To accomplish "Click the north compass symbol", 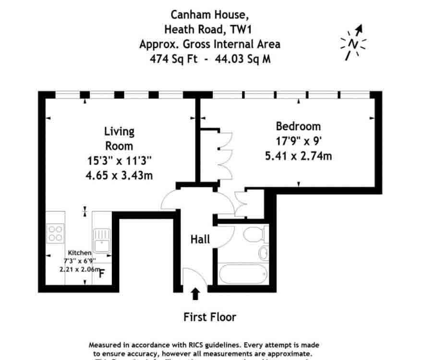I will (x=353, y=43).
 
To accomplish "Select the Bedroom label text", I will (x=298, y=127).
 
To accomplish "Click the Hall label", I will (x=200, y=239).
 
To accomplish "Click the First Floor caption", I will (x=210, y=317).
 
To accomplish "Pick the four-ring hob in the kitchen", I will (x=55, y=233).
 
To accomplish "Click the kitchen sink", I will (x=102, y=240).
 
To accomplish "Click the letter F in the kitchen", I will (x=102, y=274).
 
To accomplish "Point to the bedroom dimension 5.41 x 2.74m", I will (x=298, y=156).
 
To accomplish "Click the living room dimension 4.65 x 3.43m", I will (x=119, y=175).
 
